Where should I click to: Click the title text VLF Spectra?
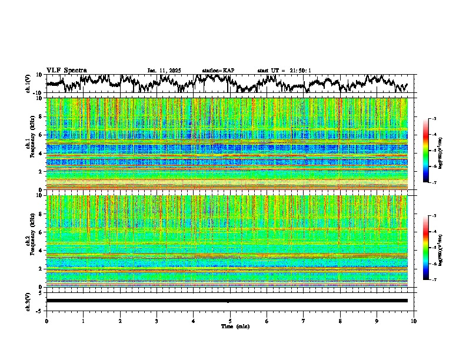click(66, 70)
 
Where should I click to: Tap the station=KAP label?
click(218, 71)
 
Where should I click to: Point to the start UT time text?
click(284, 71)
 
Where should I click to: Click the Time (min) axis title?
click(230, 326)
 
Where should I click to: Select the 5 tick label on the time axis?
click(230, 321)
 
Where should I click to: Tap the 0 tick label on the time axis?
click(46, 321)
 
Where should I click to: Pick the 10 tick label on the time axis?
click(414, 321)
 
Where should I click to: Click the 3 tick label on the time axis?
click(157, 321)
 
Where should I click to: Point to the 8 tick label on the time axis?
click(340, 321)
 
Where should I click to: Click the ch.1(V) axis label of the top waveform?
click(28, 84)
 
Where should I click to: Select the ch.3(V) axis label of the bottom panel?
click(28, 301)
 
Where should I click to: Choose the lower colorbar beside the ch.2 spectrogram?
click(432, 248)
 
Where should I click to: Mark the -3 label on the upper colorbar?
click(440, 119)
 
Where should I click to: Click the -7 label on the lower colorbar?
click(440, 280)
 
